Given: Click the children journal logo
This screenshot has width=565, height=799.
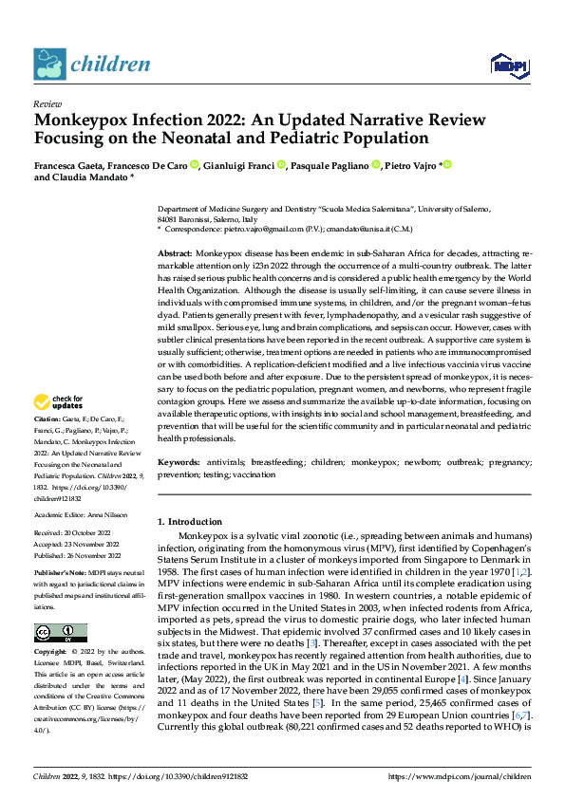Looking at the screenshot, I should [x=92, y=65].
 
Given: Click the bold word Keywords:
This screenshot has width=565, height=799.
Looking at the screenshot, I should [x=178, y=460].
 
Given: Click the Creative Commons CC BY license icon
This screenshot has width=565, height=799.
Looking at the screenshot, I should [x=60, y=633].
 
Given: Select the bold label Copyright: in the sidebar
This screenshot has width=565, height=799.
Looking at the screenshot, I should [x=50, y=652].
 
